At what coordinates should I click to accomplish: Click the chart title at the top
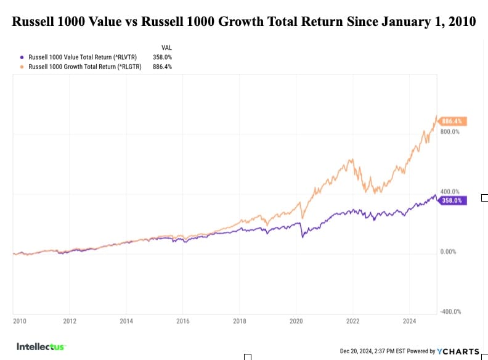[x=244, y=22]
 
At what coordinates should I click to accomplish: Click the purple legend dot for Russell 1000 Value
[x=22, y=55]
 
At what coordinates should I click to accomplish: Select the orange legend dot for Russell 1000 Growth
[x=22, y=67]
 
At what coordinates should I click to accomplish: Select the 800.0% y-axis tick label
[x=450, y=132]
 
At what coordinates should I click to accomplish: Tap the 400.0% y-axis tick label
[x=450, y=192]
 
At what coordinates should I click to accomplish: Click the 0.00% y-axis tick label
[x=449, y=252]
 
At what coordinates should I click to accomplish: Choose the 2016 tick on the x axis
[x=182, y=321]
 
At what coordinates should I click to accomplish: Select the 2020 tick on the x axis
[x=296, y=321]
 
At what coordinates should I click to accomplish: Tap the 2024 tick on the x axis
[x=409, y=321]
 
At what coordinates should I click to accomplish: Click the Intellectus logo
[x=41, y=346]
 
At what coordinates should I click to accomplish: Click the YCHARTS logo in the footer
[x=458, y=351]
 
